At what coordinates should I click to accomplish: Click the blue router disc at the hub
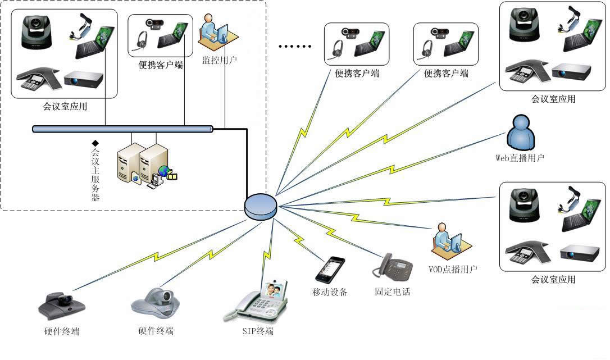pyautogui.click(x=261, y=206)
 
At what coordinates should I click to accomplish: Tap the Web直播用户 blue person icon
pyautogui.click(x=520, y=133)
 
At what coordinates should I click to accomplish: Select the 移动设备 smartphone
pyautogui.click(x=330, y=270)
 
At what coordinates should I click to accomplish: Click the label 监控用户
pyautogui.click(x=220, y=60)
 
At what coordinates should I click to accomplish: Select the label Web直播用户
pyautogui.click(x=520, y=158)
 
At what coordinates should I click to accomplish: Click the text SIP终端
pyautogui.click(x=258, y=331)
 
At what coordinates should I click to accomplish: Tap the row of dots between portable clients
pyautogui.click(x=295, y=47)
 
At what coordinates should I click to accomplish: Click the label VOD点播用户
pyautogui.click(x=453, y=269)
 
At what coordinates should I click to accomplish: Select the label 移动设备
pyautogui.click(x=330, y=292)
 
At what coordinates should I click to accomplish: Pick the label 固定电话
pyautogui.click(x=393, y=292)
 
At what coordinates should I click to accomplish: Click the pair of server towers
pyautogui.click(x=142, y=163)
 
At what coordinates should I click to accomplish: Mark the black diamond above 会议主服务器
pyautogui.click(x=95, y=143)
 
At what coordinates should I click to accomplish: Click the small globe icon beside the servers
pyautogui.click(x=163, y=171)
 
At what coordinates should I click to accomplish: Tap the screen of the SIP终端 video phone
pyautogui.click(x=272, y=290)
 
